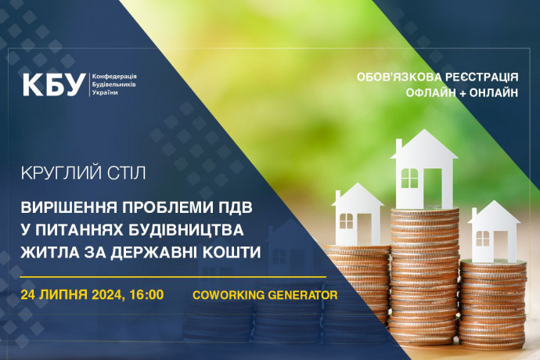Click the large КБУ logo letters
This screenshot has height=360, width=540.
click(x=54, y=85)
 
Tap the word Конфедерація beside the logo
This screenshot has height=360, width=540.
click(x=114, y=77)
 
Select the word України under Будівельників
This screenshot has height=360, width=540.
click(x=105, y=92)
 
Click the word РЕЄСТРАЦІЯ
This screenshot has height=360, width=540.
click(x=482, y=77)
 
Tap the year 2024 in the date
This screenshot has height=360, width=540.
click(x=106, y=295)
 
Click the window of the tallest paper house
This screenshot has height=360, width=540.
click(x=409, y=178)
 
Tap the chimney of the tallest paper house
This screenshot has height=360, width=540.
click(x=399, y=146)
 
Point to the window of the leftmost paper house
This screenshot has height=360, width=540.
click(x=346, y=221)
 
